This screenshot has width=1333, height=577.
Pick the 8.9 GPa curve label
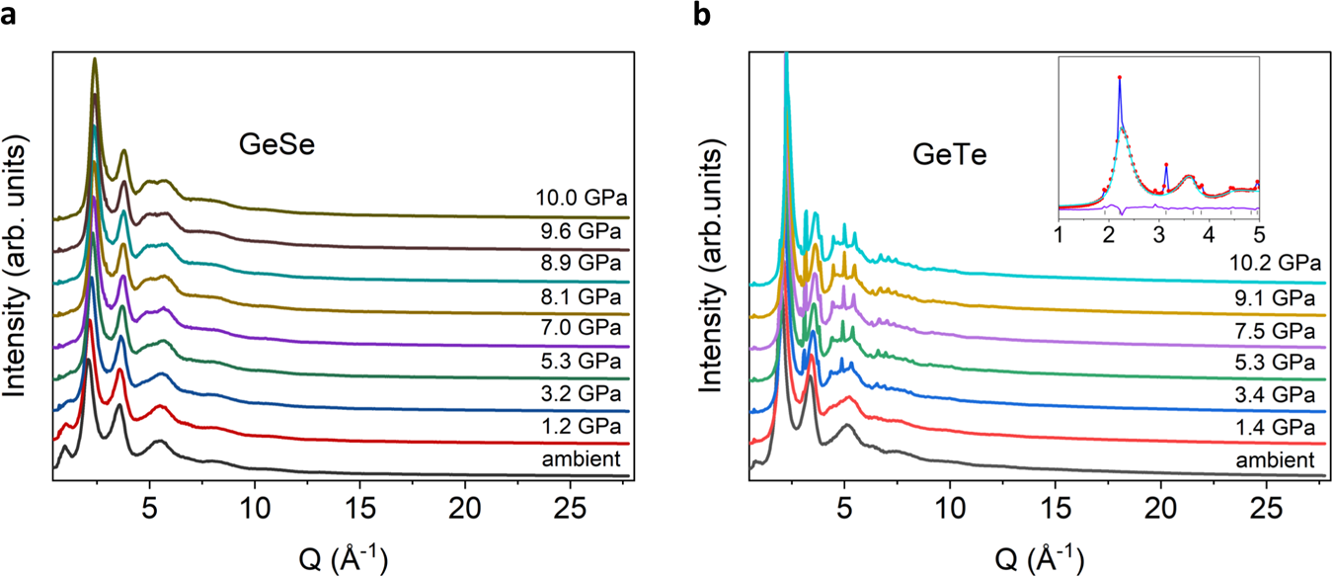(x=585, y=264)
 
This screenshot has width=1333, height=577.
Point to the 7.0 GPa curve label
(x=585, y=330)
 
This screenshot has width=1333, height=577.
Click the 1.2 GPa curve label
(x=585, y=426)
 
